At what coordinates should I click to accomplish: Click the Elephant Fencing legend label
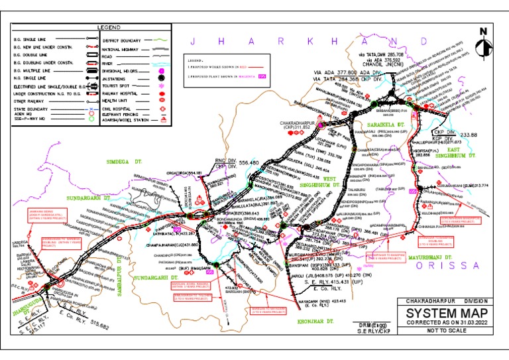123,113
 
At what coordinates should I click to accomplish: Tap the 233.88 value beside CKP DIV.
468,135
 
